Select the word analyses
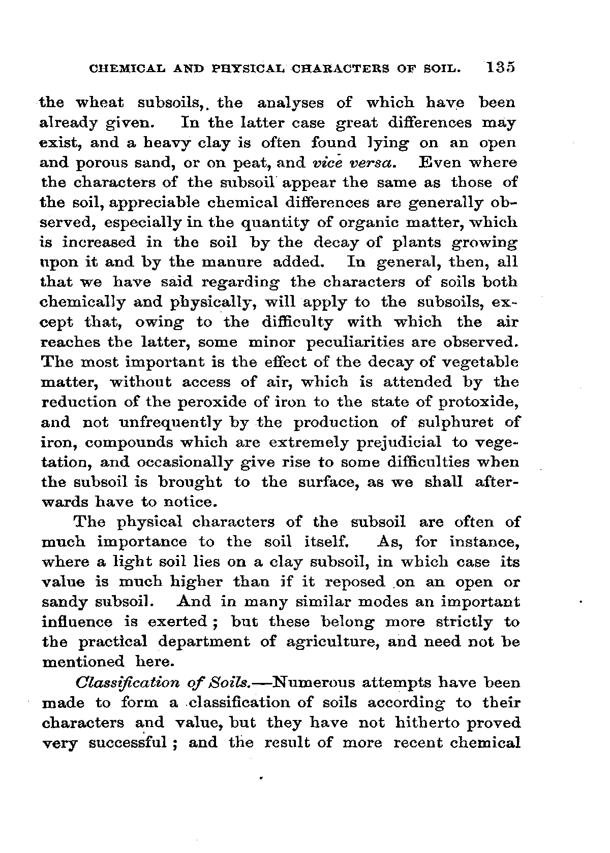[x=290, y=103]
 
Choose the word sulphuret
[x=460, y=422]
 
